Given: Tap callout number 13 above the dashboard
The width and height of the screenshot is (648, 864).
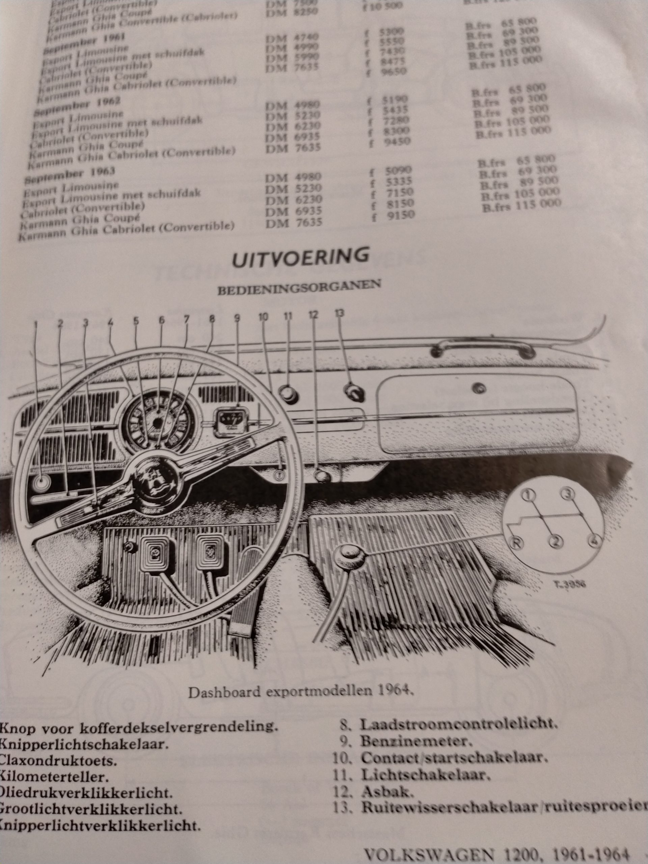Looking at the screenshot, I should click(x=340, y=314).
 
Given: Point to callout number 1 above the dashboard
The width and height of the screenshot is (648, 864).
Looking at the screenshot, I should click(x=36, y=324).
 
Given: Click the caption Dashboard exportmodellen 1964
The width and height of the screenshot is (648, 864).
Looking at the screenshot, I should click(x=301, y=693).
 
